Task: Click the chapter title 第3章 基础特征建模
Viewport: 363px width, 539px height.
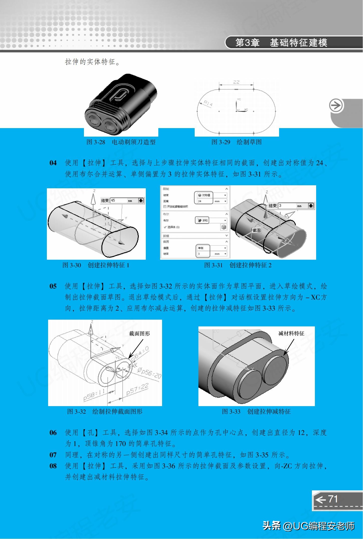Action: (x=281, y=43)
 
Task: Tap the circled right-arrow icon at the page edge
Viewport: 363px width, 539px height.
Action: (x=336, y=106)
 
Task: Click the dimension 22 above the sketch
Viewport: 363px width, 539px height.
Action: (x=236, y=82)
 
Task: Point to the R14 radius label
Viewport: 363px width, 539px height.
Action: (x=208, y=103)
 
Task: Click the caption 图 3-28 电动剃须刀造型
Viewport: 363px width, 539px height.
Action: (x=121, y=142)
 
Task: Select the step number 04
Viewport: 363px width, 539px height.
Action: (x=53, y=163)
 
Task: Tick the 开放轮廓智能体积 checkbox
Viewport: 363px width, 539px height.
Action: (x=165, y=207)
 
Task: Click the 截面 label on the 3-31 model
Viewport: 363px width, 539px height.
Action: (x=257, y=230)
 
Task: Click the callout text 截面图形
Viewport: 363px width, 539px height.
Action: (x=139, y=334)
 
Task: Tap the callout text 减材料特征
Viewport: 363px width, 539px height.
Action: (x=291, y=333)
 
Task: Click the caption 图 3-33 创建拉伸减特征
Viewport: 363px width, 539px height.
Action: (x=256, y=411)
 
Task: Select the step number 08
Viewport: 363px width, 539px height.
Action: (x=53, y=466)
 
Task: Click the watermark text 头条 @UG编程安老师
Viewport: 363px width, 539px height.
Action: (x=308, y=526)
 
